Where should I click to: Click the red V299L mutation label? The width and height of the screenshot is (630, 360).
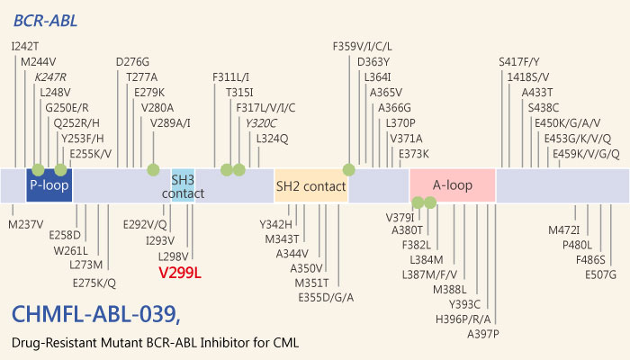178,271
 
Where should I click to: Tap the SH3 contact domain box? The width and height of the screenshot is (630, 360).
183,184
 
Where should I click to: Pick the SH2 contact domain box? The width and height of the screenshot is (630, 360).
310,185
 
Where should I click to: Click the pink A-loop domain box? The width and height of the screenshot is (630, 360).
453,185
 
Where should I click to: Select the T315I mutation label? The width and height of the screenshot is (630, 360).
239,92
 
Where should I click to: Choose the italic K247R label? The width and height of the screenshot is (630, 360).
52,76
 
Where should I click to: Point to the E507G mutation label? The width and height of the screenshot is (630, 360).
600,274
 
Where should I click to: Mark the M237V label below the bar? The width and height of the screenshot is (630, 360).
27,224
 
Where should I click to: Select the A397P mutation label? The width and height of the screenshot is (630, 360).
484,334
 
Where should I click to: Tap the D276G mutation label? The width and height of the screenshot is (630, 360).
133,61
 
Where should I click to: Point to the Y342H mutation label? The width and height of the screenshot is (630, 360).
275,224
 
